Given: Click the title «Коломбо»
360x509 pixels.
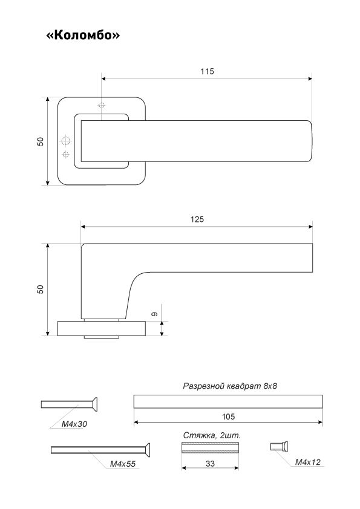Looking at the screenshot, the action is pyautogui.click(x=83, y=34).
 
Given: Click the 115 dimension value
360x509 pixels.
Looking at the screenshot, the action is pyautogui.click(x=207, y=71).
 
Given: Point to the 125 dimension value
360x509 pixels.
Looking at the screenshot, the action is pyautogui.click(x=197, y=219).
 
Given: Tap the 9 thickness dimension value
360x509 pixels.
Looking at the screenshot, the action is pyautogui.click(x=155, y=314).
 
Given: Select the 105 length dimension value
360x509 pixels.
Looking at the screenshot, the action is pyautogui.click(x=228, y=417).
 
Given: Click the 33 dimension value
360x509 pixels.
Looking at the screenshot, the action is pyautogui.click(x=210, y=464).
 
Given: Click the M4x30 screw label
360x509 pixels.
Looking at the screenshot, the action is pyautogui.click(x=74, y=424).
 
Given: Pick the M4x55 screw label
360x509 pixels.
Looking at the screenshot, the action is pyautogui.click(x=122, y=464).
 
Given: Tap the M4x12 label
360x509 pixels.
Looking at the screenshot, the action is pyautogui.click(x=307, y=462).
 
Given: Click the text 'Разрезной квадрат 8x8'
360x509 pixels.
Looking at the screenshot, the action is pyautogui.click(x=230, y=386).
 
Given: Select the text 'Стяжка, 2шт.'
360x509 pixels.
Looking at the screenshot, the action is pyautogui.click(x=212, y=435).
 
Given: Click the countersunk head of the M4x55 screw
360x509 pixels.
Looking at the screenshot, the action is pyautogui.click(x=147, y=450).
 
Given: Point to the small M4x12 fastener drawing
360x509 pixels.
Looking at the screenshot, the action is pyautogui.click(x=280, y=447).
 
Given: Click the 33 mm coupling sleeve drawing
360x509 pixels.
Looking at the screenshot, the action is pyautogui.click(x=210, y=447).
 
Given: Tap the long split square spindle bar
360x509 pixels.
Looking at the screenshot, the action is pyautogui.click(x=228, y=401).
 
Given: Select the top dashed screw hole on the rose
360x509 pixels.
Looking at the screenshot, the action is pyautogui.click(x=102, y=106).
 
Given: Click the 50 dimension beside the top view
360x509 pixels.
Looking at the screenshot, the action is pyautogui.click(x=40, y=141).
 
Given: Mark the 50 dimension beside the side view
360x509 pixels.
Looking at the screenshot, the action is pyautogui.click(x=40, y=289).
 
